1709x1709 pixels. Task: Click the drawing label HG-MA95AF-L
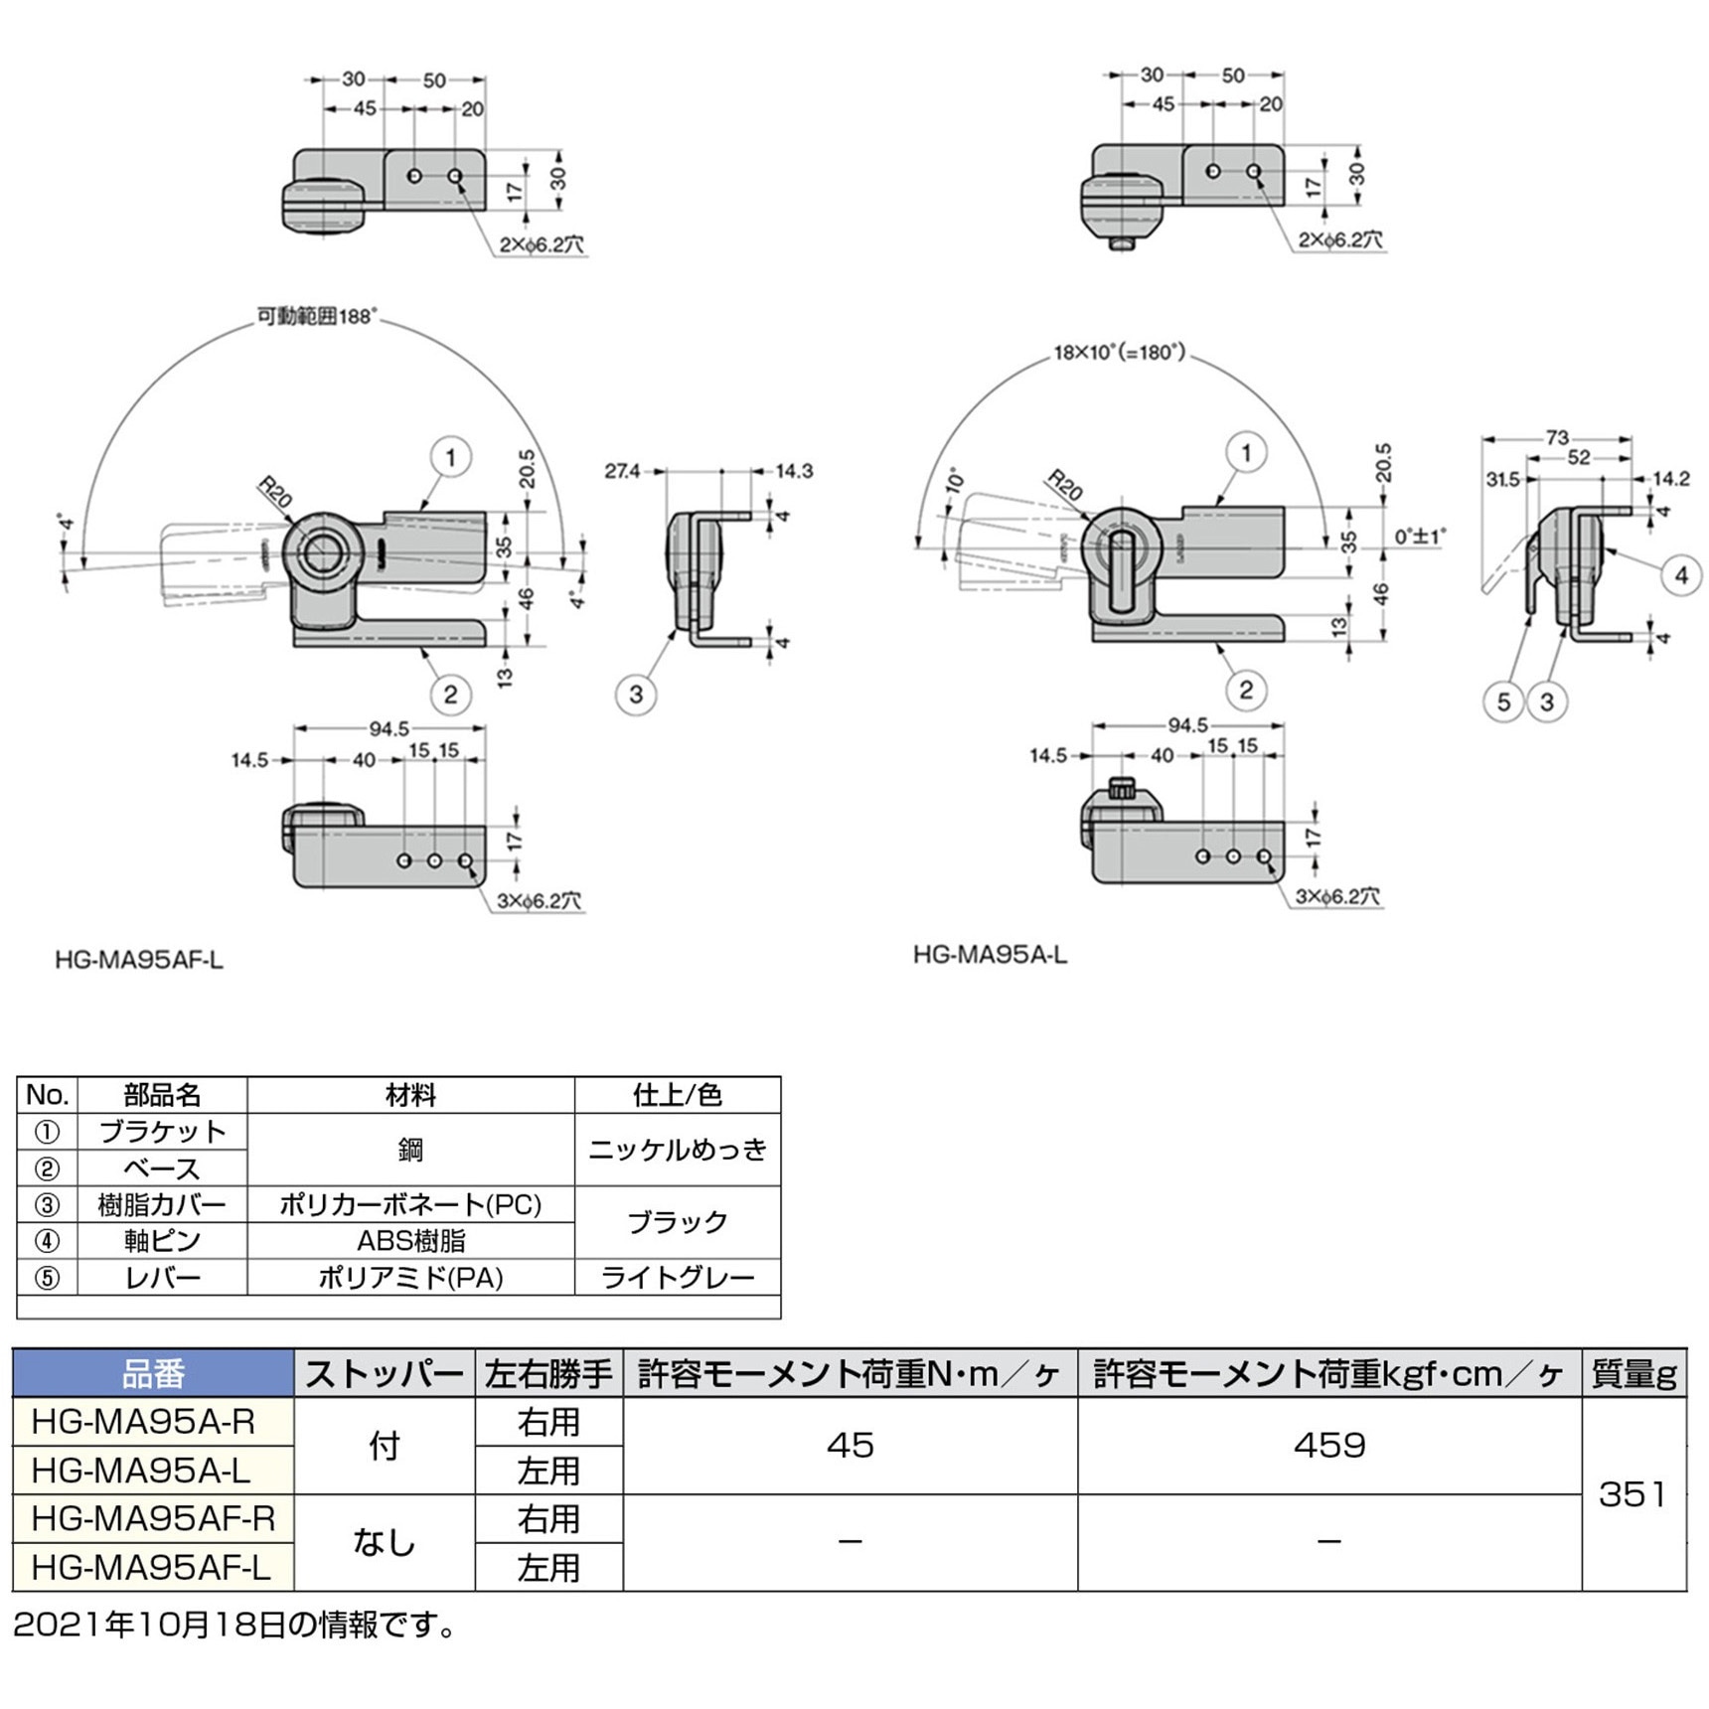coord(139,960)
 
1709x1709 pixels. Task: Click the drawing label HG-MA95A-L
coord(990,955)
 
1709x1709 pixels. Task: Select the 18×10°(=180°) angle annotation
coord(1120,353)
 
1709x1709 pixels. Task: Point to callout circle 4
coord(1681,575)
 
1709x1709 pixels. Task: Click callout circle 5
coord(1503,702)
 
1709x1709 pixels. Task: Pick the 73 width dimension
coord(1557,437)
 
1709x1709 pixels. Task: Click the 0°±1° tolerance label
coord(1420,537)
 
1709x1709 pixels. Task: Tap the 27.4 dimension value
coord(622,471)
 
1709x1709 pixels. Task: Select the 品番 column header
coord(153,1374)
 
